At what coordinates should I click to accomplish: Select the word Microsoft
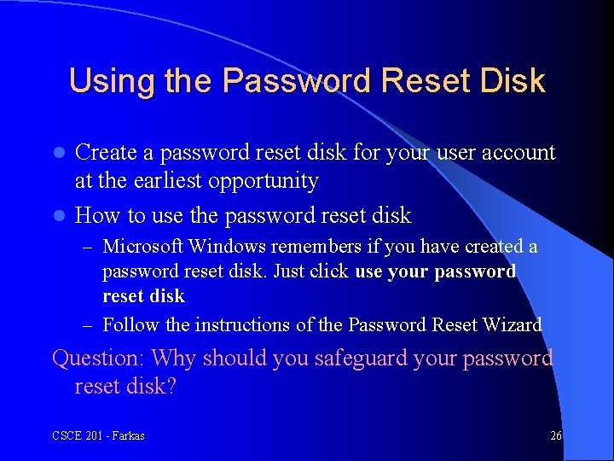[142, 247]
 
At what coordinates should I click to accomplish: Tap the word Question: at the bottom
[98, 358]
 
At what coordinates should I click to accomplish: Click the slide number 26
[556, 436]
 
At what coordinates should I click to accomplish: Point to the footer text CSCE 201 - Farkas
[98, 436]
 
